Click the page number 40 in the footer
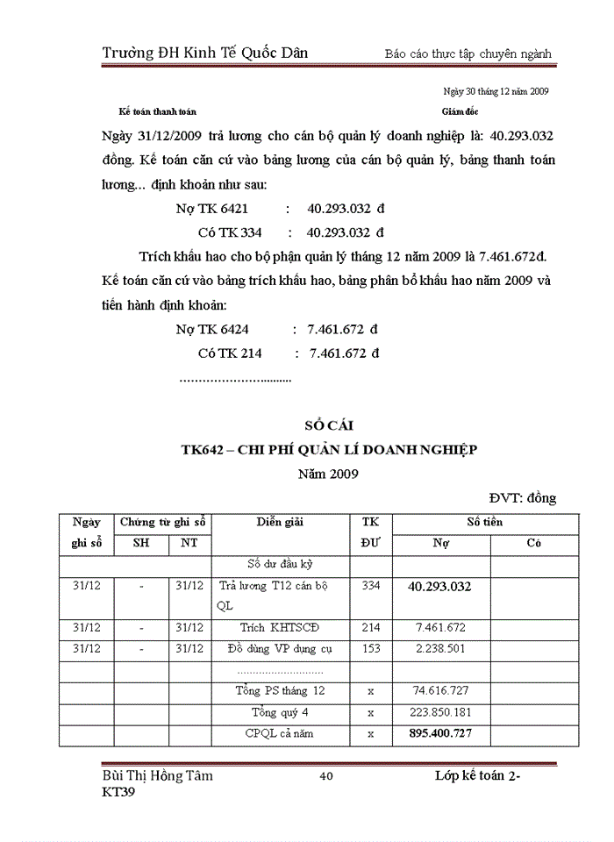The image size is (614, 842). (x=326, y=776)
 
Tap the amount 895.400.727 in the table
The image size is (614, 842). (x=440, y=733)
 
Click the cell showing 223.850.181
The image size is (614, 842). (x=440, y=711)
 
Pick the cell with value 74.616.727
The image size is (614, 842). (x=440, y=690)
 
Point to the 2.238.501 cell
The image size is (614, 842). (x=440, y=650)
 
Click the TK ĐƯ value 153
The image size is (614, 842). (x=371, y=650)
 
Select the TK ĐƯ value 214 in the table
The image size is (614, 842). (x=371, y=628)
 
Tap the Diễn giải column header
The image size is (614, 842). (x=280, y=523)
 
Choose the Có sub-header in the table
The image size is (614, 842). (x=533, y=544)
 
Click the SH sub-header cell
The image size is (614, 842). (x=140, y=544)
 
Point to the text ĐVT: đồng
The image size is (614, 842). (x=524, y=498)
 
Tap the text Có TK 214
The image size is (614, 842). (x=230, y=353)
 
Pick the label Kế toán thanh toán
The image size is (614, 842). (x=158, y=112)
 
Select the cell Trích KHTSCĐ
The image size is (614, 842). (x=280, y=628)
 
